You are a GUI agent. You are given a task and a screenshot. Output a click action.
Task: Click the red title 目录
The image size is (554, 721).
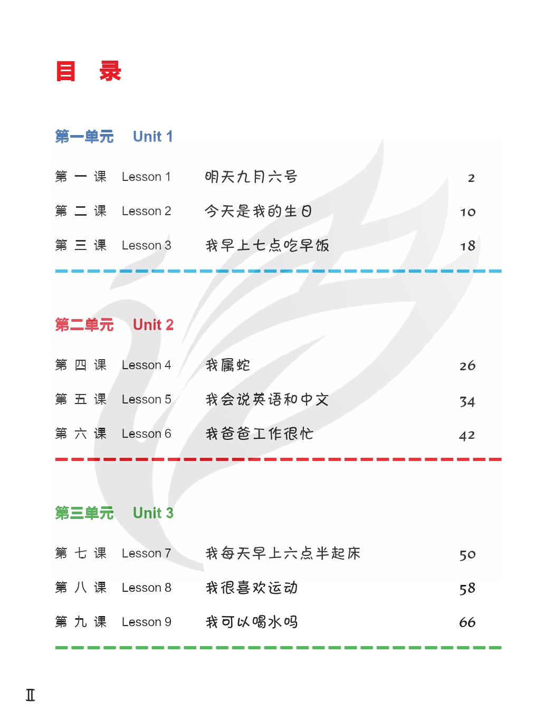tap(89, 71)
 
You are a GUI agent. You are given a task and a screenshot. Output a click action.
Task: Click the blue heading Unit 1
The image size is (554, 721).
tap(152, 137)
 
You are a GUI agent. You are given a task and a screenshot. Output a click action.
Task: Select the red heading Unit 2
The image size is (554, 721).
tap(153, 325)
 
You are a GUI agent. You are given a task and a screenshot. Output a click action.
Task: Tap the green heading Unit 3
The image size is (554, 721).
tap(153, 513)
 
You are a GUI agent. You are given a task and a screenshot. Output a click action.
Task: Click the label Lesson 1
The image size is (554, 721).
tap(146, 177)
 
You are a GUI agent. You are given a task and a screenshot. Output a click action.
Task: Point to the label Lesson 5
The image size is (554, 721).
tap(146, 400)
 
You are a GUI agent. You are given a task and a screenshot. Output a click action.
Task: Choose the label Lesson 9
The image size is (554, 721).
tap(146, 622)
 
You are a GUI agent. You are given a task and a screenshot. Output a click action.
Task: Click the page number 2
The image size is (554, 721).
tap(471, 178)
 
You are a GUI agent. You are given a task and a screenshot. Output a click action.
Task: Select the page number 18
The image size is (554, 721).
tap(467, 246)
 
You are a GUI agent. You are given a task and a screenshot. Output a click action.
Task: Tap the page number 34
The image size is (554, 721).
tap(467, 402)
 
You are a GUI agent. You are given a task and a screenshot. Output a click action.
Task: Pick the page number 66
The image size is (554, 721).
tap(467, 623)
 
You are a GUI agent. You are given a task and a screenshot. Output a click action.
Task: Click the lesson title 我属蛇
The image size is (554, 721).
tap(227, 365)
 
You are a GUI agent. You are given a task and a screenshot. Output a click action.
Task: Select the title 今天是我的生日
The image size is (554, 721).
tap(258, 212)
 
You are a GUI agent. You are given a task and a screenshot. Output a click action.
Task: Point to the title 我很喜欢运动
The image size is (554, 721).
tap(252, 588)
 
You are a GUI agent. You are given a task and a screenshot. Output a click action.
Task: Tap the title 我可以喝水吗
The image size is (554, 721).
tap(252, 622)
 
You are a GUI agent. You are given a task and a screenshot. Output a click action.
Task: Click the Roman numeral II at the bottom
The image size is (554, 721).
tap(31, 695)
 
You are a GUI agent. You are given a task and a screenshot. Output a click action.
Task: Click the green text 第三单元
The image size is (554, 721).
tap(84, 513)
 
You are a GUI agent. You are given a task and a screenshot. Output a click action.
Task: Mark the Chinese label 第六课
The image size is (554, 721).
tap(81, 434)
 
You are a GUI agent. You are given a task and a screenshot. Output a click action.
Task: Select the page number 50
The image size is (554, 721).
tap(467, 555)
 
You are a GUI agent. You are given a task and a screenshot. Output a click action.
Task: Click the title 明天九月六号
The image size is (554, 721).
tap(251, 177)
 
